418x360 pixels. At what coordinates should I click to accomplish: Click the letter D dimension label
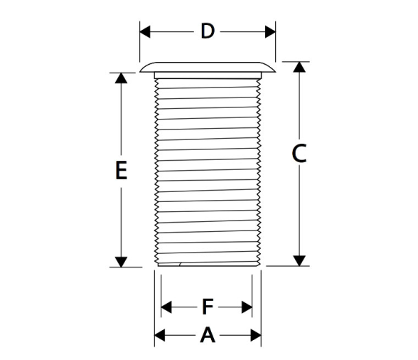coord(208,31)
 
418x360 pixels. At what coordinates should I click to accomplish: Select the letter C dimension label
coord(299,154)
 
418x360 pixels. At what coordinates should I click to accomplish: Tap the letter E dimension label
coord(121,170)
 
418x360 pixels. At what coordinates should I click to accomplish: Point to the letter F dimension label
coord(208,307)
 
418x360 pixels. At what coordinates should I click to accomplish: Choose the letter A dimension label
coord(208,335)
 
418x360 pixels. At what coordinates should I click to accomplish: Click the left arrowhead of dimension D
coord(145,32)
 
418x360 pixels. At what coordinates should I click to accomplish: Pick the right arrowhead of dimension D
coord(270,32)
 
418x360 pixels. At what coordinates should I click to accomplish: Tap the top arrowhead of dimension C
coord(299,67)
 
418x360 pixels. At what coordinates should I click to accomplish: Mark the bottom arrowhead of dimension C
coord(299,260)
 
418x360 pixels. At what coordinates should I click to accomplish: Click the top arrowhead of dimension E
coord(121,78)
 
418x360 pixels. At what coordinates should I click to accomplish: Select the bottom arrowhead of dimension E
coord(121,262)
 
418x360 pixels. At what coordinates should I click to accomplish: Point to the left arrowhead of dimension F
coord(166,307)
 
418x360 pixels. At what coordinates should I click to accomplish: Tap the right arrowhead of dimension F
coord(247,307)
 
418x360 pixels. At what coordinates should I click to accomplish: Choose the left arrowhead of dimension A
coord(160,335)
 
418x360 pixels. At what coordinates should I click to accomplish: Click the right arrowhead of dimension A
coord(256,335)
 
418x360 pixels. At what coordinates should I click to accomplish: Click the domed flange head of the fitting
coord(208,67)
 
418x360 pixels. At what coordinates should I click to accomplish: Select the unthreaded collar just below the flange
coord(208,75)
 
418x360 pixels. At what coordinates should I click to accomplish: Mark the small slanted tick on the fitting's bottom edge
coord(181,264)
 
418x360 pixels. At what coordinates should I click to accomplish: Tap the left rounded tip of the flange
coord(140,72)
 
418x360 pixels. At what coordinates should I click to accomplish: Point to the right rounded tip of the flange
coord(275,72)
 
